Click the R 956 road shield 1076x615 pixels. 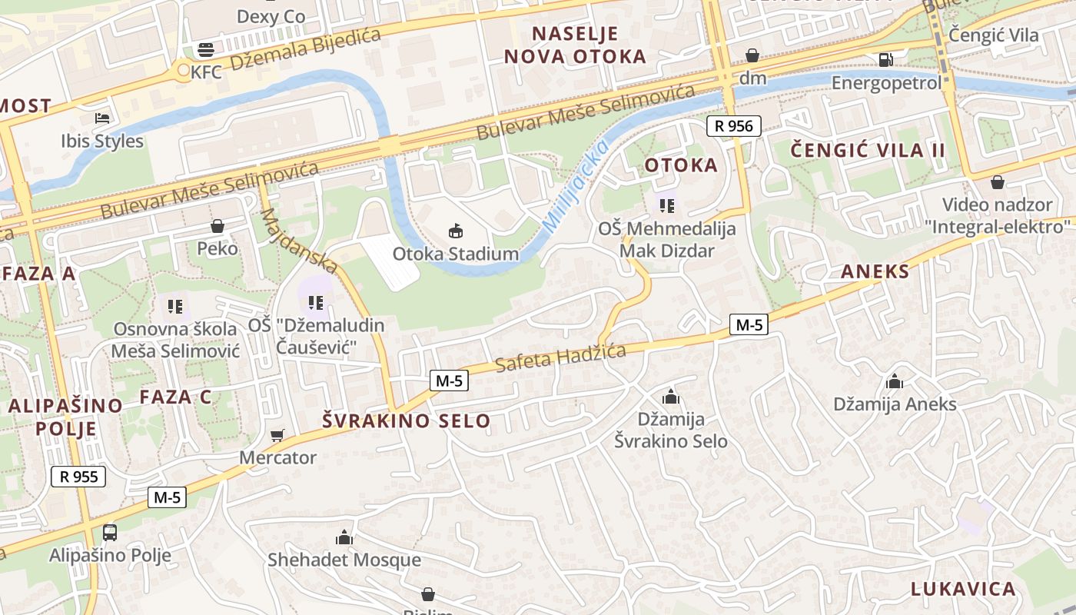[x=734, y=126]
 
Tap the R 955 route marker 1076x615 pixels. [x=78, y=477]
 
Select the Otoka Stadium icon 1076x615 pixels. [x=456, y=231]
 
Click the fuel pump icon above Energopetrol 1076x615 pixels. [x=885, y=59]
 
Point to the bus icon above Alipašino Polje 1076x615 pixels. [x=110, y=532]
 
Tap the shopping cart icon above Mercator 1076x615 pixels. [x=277, y=435]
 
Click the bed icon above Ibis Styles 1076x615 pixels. [x=102, y=118]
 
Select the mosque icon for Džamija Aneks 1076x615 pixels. [x=895, y=381]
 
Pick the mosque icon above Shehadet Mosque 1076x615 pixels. [x=344, y=537]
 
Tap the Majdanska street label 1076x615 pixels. [x=299, y=241]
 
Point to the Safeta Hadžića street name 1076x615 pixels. [x=560, y=357]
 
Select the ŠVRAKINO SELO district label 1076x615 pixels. [x=406, y=421]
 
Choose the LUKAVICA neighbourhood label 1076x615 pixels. [x=963, y=589]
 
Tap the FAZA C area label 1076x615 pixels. [x=175, y=397]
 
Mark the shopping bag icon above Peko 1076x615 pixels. [x=218, y=226]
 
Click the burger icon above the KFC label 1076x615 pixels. [x=206, y=50]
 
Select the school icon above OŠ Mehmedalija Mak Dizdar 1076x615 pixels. [x=667, y=206]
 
